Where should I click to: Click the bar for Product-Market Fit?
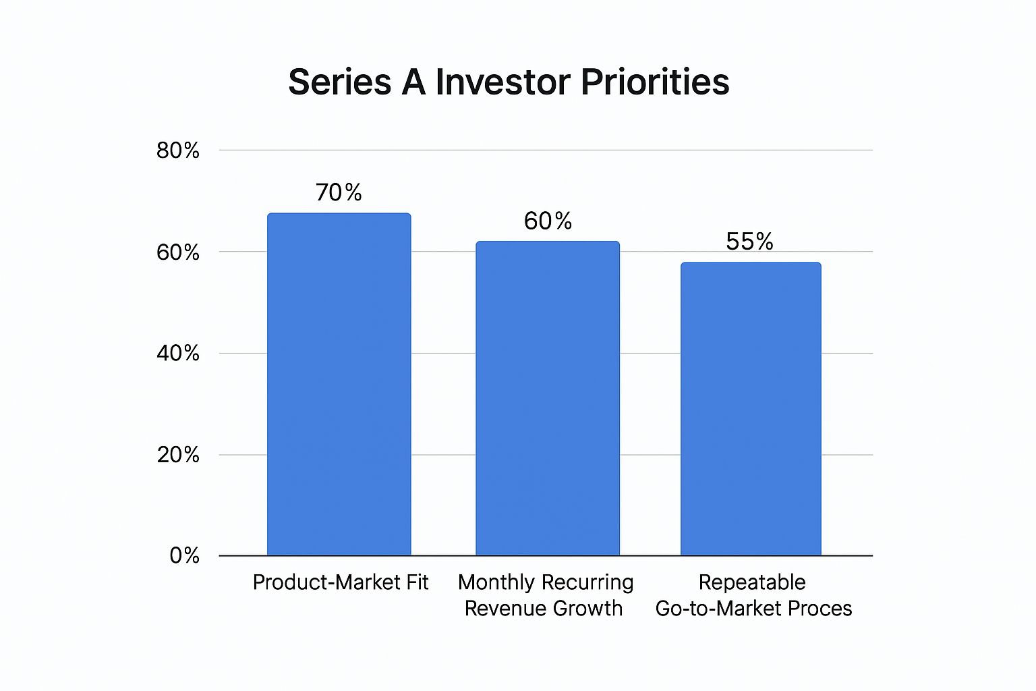tap(339, 385)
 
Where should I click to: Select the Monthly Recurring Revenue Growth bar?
tap(548, 398)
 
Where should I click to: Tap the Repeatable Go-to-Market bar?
tap(751, 409)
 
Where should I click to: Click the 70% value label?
tap(339, 192)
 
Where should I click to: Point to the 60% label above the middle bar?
tap(548, 221)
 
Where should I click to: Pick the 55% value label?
tap(749, 241)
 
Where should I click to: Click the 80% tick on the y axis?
tap(178, 150)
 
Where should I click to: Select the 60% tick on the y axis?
tap(178, 252)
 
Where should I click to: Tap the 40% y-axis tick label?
tap(178, 353)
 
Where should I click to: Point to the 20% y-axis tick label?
tap(178, 455)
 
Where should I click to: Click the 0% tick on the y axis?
tap(184, 555)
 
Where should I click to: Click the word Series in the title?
tap(339, 82)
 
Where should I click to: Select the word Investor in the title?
tap(502, 82)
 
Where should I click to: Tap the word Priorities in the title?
tap(654, 82)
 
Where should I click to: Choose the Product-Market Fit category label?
tap(341, 582)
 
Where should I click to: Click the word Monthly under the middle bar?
tap(496, 582)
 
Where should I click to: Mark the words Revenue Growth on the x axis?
tap(544, 608)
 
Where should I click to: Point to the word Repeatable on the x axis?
tap(752, 582)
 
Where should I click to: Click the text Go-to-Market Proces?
tap(753, 608)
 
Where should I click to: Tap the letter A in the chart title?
tap(413, 82)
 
